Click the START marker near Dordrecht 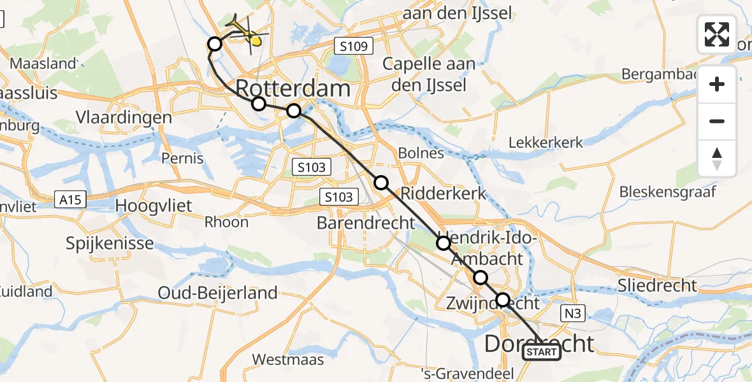click(542, 352)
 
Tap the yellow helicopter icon click(246, 32)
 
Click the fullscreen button click(717, 34)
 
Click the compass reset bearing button click(717, 159)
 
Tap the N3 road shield click(573, 313)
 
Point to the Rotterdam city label click(293, 88)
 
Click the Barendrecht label click(366, 223)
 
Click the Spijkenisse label click(110, 243)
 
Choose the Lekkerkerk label click(546, 142)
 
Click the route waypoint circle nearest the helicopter click(215, 44)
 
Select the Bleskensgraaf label click(668, 192)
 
